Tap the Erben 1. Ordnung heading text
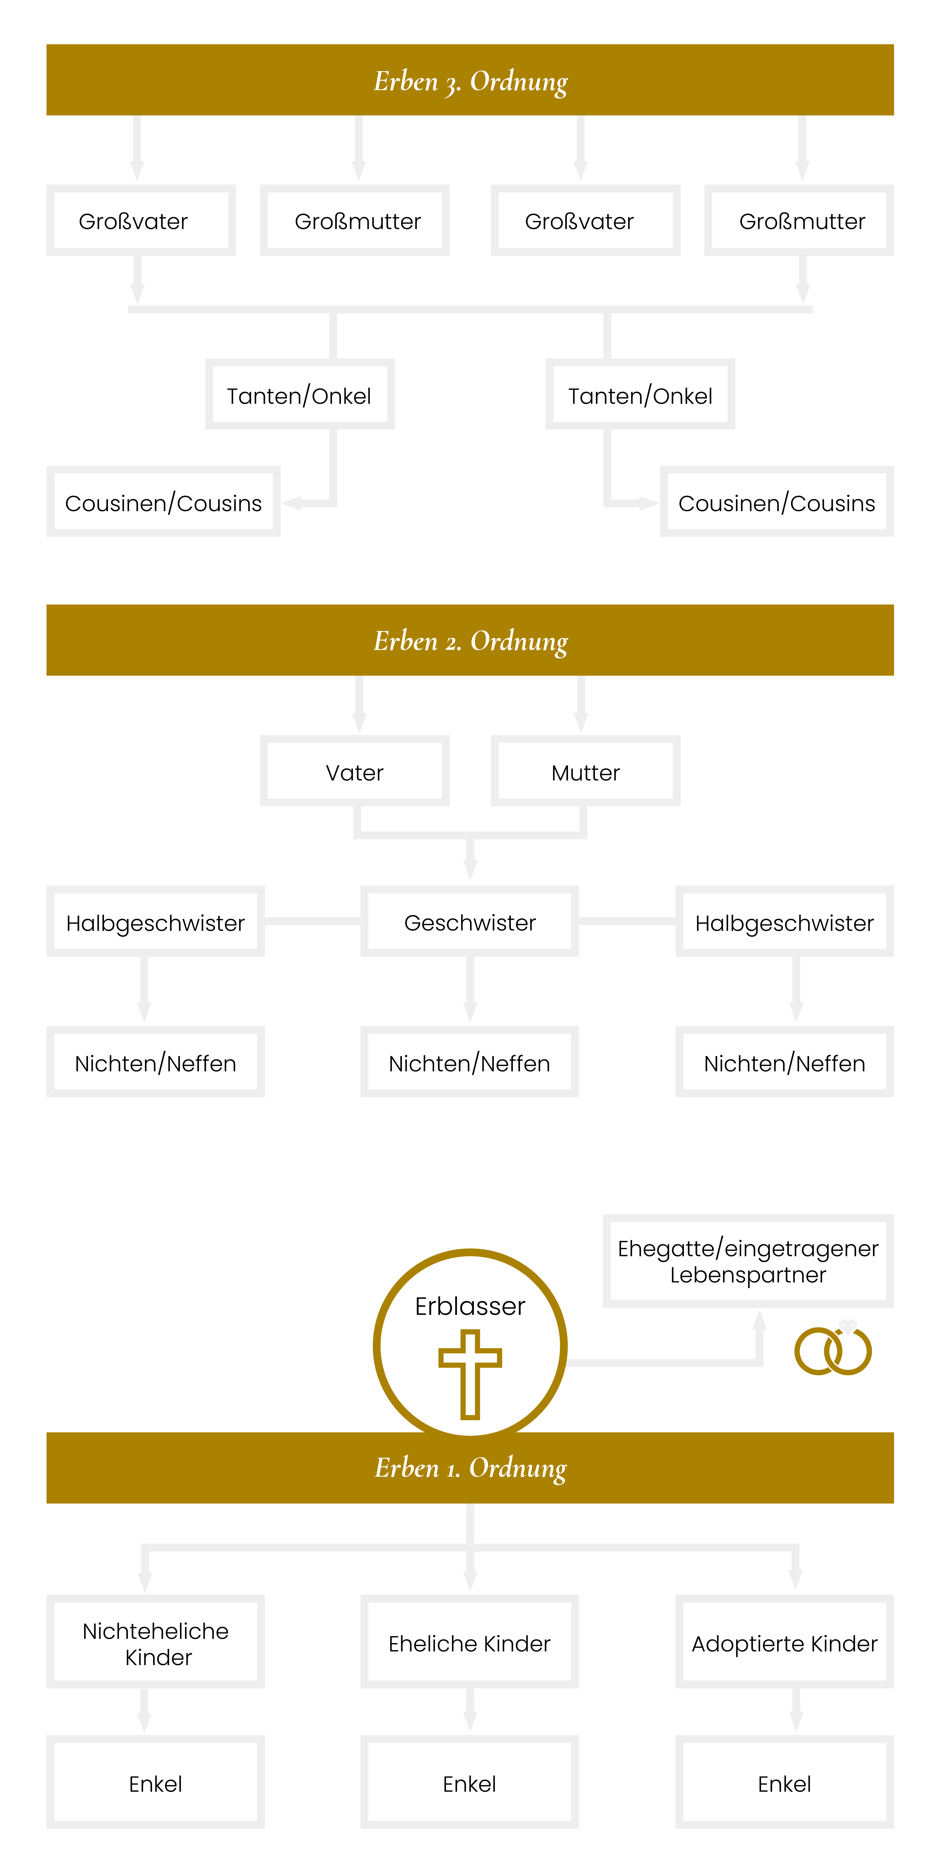[x=470, y=1468]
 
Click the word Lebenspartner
[x=748, y=1275]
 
